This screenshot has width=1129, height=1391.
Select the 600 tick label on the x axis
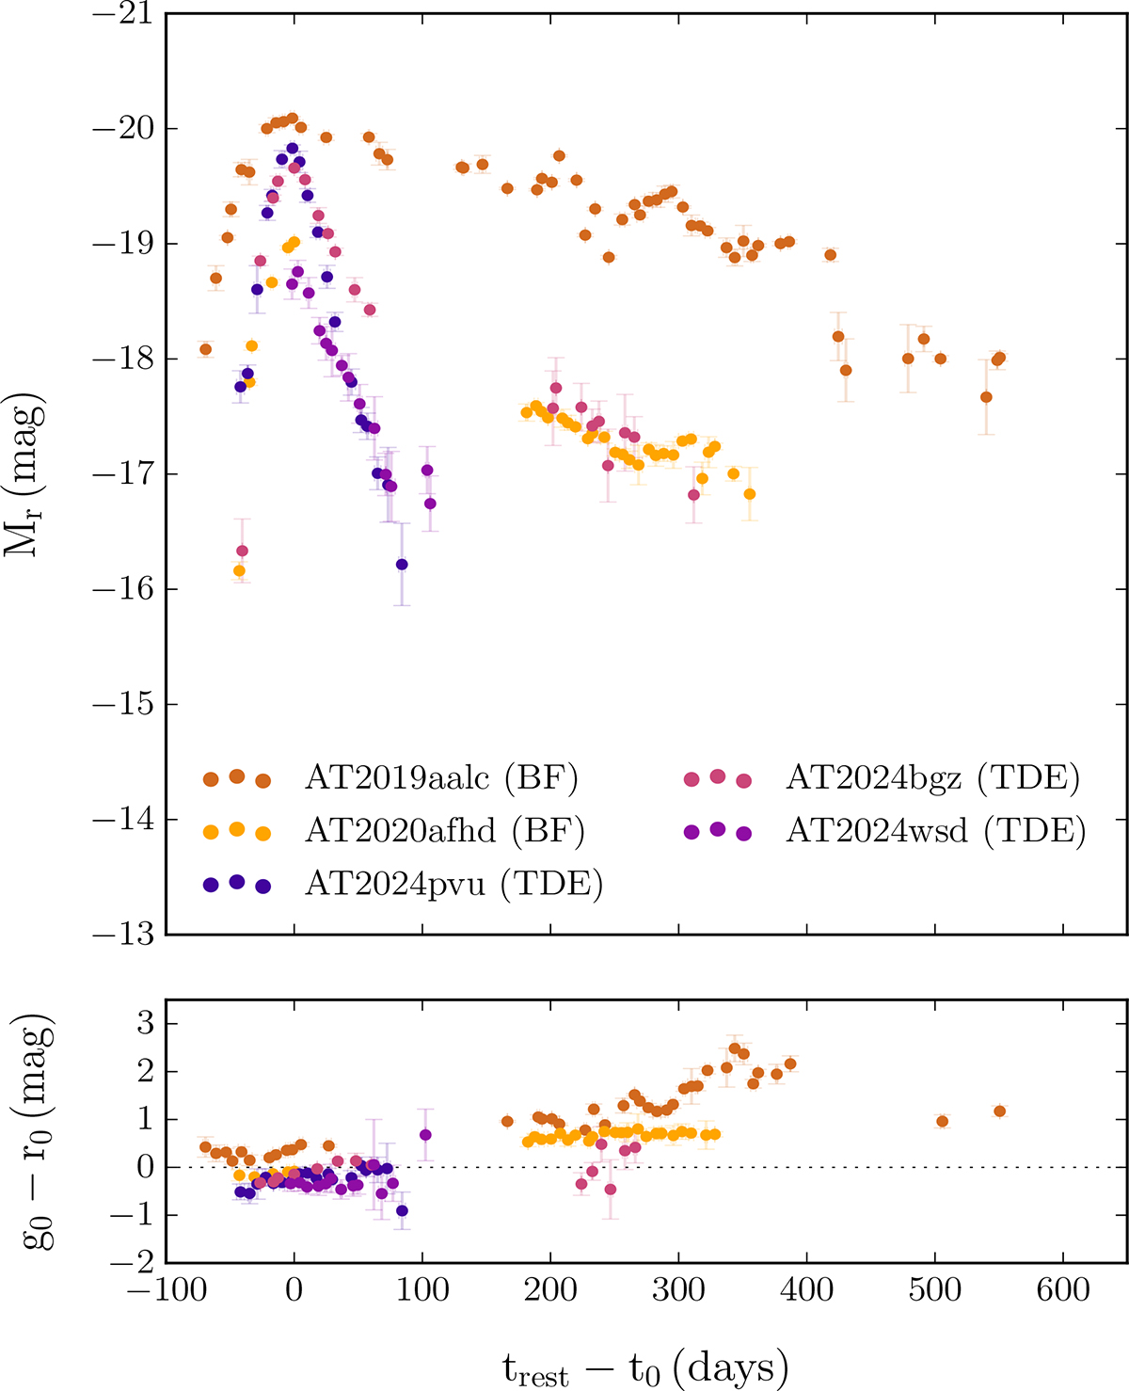[1063, 1288]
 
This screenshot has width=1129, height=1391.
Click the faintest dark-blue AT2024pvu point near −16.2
[402, 565]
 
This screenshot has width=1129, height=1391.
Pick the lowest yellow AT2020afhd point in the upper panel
[239, 570]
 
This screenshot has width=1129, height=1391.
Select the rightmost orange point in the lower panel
[999, 1111]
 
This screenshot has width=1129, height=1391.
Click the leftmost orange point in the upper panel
[205, 349]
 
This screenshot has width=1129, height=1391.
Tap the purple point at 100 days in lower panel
[425, 1134]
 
